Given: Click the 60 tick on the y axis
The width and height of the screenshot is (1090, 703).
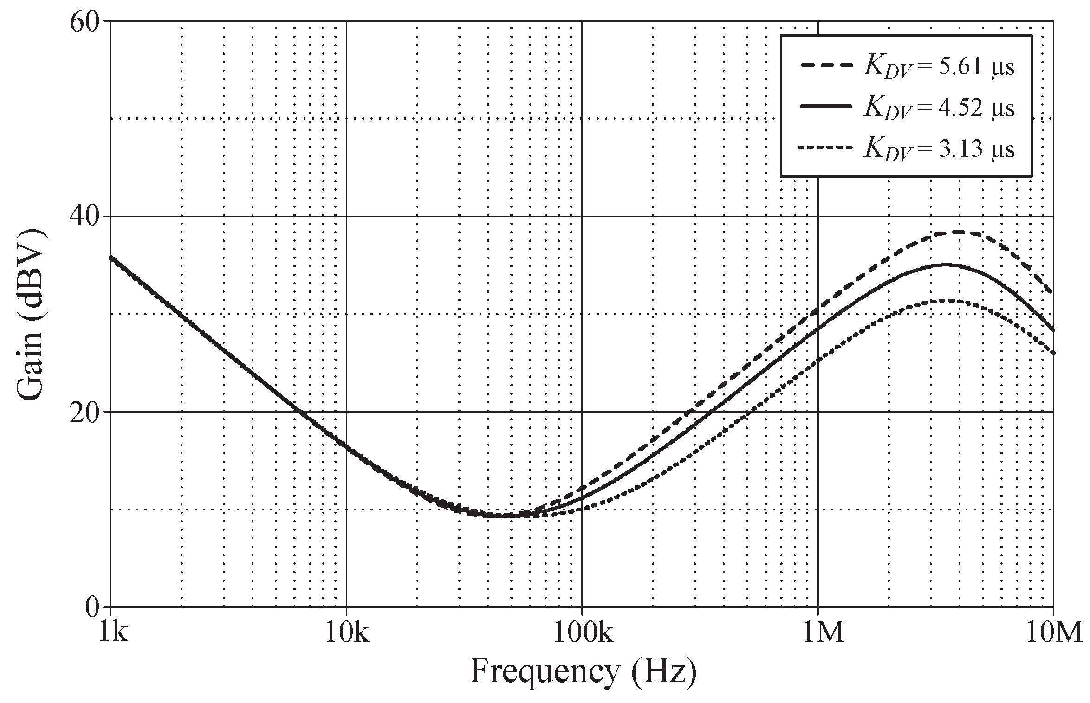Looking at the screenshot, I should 84,22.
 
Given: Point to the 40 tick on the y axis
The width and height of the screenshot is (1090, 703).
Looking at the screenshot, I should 84,217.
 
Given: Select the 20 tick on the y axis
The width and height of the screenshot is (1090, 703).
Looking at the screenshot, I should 84,412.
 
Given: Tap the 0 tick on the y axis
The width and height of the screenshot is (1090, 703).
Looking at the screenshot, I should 92,607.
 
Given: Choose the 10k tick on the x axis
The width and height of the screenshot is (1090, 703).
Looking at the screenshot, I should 347,632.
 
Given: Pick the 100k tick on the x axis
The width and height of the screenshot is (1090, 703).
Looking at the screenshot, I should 583,632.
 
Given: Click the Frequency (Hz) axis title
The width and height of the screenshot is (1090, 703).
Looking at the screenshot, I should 583,672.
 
